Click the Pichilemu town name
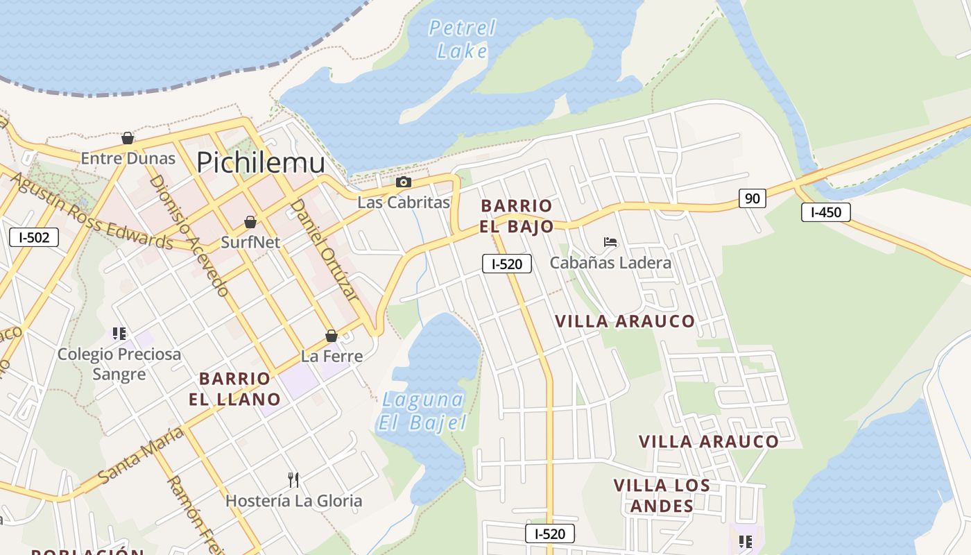260,162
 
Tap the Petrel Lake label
463,39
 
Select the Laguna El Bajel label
422,411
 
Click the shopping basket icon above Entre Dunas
128,138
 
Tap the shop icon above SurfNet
250,222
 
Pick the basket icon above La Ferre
332,336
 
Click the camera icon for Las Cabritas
403,182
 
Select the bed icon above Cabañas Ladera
610,242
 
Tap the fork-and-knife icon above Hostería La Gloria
293,479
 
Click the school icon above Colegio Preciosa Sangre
119,334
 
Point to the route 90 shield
752,198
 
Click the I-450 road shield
825,212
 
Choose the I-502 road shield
34,238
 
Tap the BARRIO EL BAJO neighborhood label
517,216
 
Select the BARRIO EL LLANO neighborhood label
234,388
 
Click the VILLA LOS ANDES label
662,495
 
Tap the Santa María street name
140,456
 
